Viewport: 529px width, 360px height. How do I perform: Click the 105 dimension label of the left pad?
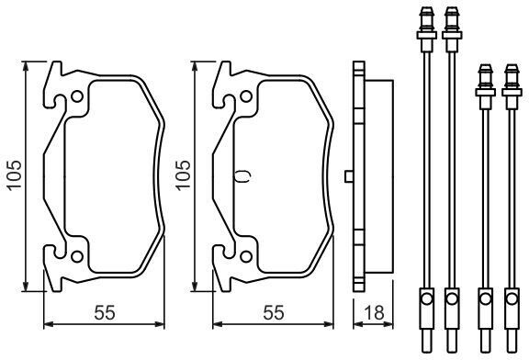tap(14, 175)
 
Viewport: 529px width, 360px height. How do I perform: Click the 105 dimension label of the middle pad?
tap(183, 175)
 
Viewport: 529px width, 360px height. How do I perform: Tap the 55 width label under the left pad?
tap(105, 313)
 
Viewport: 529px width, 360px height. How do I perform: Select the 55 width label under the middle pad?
tap(274, 313)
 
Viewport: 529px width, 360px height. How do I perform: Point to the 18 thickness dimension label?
tap(374, 313)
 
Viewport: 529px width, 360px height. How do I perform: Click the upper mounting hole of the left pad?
tap(77, 96)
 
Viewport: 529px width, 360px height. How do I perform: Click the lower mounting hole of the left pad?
tap(77, 256)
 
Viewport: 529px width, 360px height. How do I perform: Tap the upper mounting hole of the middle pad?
tap(246, 96)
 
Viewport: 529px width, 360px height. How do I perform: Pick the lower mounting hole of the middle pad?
tap(246, 256)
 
